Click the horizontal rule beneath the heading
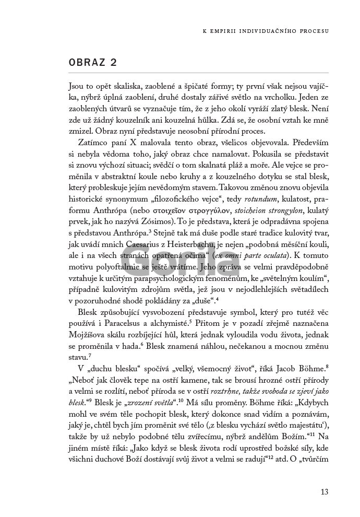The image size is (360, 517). point(198,72)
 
